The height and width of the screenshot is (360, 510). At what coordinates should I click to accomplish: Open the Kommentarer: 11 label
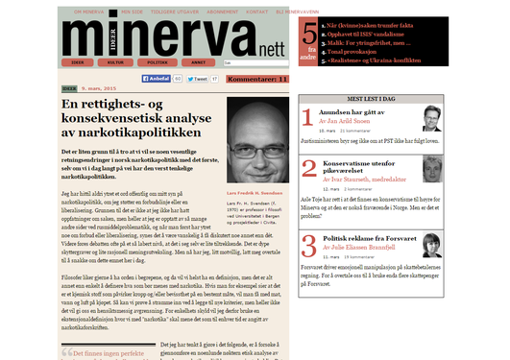click(257, 79)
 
